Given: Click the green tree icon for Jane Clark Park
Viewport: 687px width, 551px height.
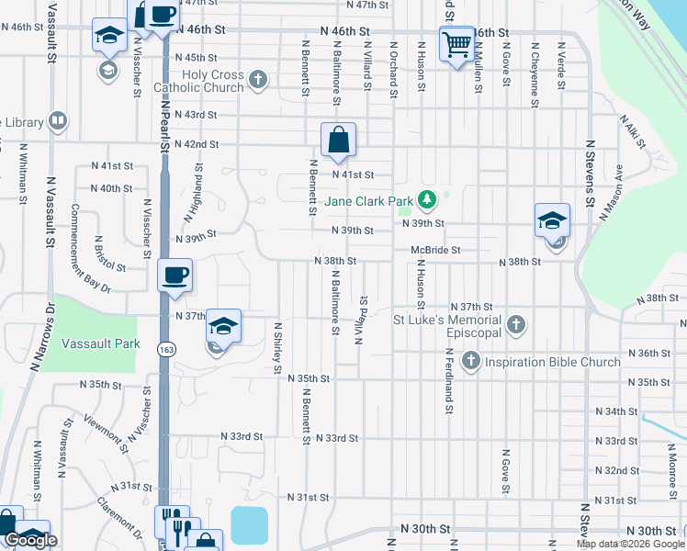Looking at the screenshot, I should tap(426, 198).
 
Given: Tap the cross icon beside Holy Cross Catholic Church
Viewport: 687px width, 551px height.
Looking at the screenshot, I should tap(258, 80).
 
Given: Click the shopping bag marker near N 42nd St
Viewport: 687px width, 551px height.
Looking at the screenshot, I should tap(338, 141).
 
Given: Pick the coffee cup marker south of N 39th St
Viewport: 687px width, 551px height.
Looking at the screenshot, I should tap(175, 275).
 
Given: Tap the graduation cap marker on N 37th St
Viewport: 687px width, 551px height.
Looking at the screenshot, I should tap(223, 326).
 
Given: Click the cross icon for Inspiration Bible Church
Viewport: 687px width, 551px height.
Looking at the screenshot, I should tap(470, 361).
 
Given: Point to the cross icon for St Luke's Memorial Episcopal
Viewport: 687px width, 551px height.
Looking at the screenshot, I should tap(516, 324).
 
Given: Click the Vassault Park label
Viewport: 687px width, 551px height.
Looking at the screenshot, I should tap(101, 343).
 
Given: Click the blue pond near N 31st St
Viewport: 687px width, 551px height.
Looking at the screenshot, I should tap(249, 524).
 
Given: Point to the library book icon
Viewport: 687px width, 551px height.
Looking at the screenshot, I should tap(57, 121).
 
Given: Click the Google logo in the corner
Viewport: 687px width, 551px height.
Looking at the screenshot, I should tap(30, 540).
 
